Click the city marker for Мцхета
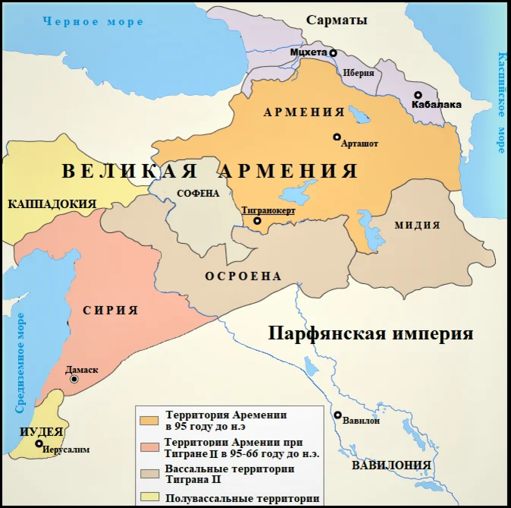coord(333,52)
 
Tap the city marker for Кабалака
coord(418,95)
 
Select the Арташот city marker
coord(337,137)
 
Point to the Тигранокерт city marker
coord(257,221)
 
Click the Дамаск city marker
coord(74,379)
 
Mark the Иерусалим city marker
coord(39,443)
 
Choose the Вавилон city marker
coord(337,415)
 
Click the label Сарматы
coord(337,21)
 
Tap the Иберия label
coord(359,74)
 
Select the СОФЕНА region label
coord(198,193)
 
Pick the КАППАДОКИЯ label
coord(52,204)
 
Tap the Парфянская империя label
coord(371,333)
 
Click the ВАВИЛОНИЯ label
coord(391,465)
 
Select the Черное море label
coord(93,22)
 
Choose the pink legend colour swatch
coord(149,446)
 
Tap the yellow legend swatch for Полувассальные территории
coord(149,498)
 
